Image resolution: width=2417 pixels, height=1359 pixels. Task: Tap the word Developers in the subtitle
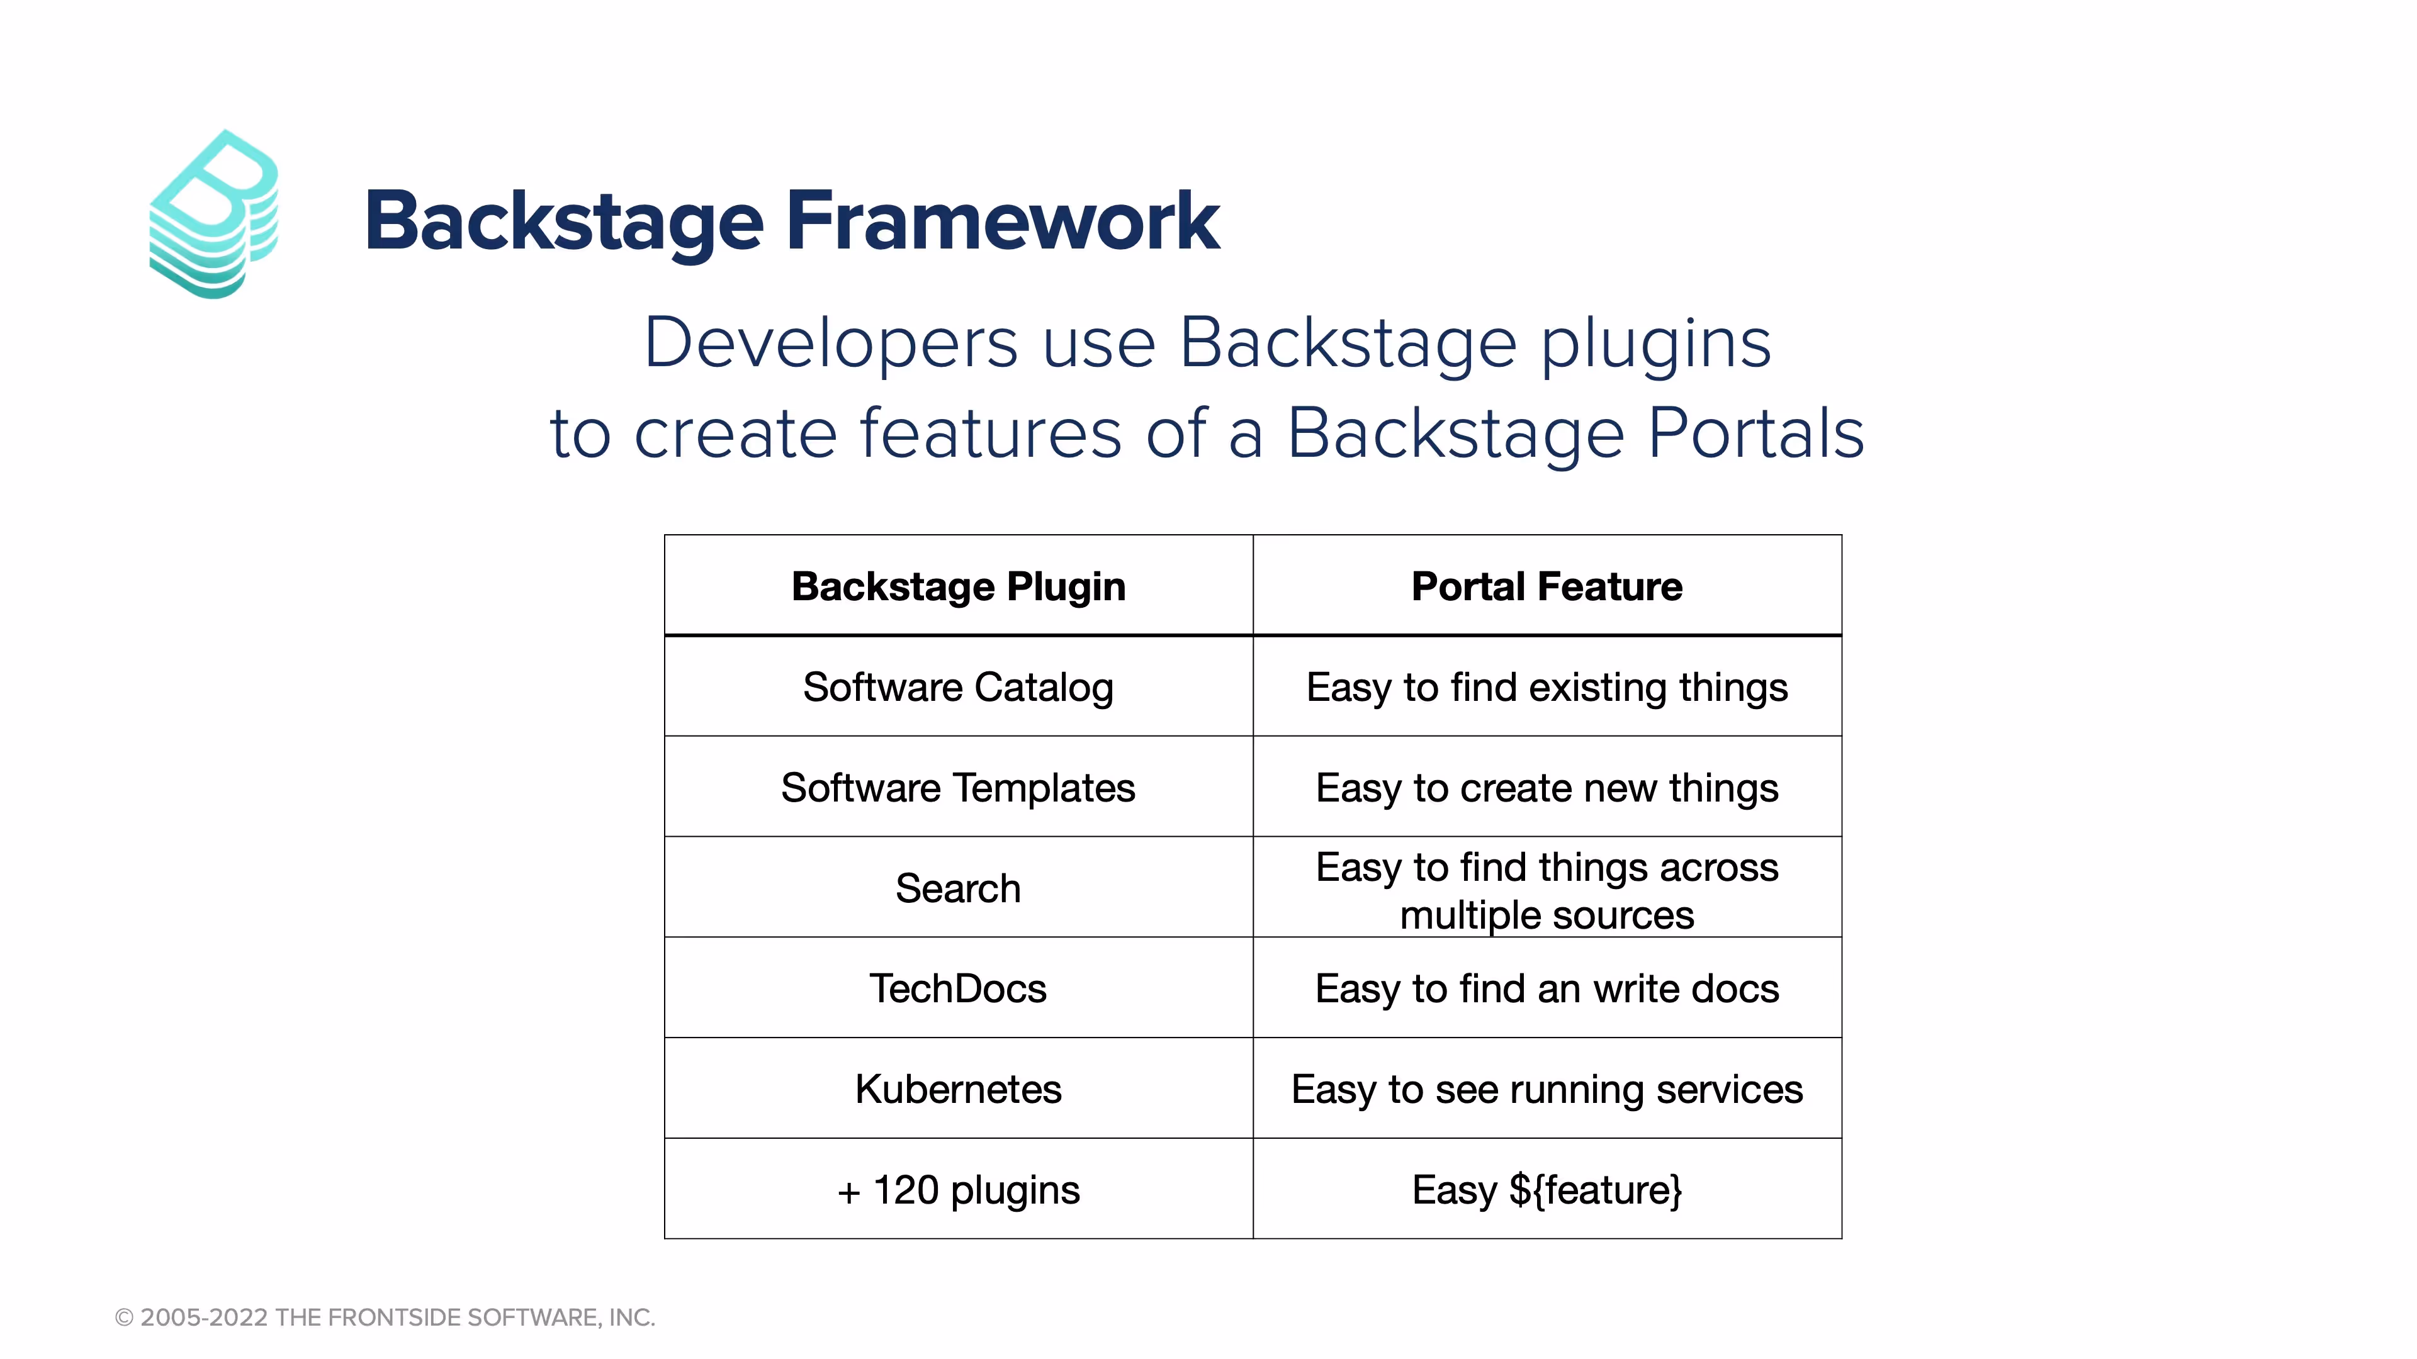point(830,344)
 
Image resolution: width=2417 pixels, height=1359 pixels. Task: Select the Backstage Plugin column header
point(958,587)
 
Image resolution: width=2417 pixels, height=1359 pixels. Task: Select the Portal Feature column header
point(1547,587)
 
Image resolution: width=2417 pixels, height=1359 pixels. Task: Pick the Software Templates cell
point(958,788)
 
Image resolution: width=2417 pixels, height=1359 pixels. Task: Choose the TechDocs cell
point(958,988)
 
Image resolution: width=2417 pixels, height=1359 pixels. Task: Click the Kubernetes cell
point(958,1090)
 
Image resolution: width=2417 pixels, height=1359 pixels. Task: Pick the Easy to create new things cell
point(1547,788)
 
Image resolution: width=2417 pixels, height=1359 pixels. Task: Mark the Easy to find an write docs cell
point(1547,988)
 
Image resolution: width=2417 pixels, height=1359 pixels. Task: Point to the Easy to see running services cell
point(1547,1090)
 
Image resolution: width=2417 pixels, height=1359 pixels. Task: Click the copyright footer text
point(385,1317)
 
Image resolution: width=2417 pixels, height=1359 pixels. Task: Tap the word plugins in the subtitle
point(1655,344)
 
